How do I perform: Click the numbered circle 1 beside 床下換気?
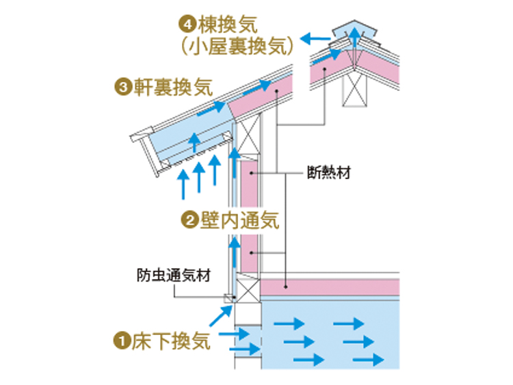[122, 341]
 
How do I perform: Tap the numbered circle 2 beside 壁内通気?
[189, 220]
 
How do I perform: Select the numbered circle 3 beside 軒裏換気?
[123, 88]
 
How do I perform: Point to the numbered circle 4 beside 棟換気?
[187, 25]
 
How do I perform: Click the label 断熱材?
[329, 172]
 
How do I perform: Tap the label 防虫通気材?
[174, 276]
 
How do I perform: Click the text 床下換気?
[171, 341]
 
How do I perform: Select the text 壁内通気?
[239, 220]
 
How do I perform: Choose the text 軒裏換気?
[173, 88]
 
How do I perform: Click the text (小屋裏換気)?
[237, 45]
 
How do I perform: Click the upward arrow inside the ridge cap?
[354, 38]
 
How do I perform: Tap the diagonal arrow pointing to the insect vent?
[221, 316]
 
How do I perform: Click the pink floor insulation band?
[330, 287]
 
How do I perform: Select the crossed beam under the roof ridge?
[354, 90]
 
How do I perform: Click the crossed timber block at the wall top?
[248, 137]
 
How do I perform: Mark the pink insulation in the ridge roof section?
[355, 69]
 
